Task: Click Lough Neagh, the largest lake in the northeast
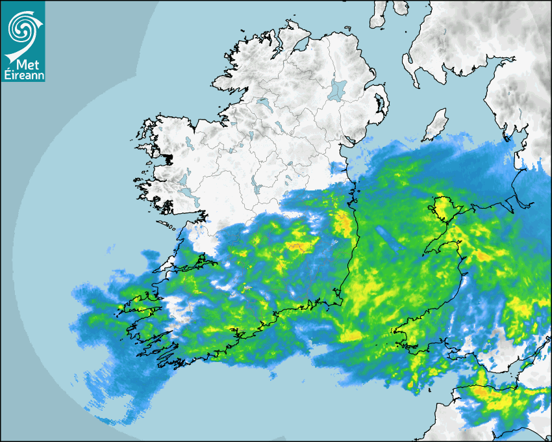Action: tap(337, 90)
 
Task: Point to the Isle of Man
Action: tap(436, 125)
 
